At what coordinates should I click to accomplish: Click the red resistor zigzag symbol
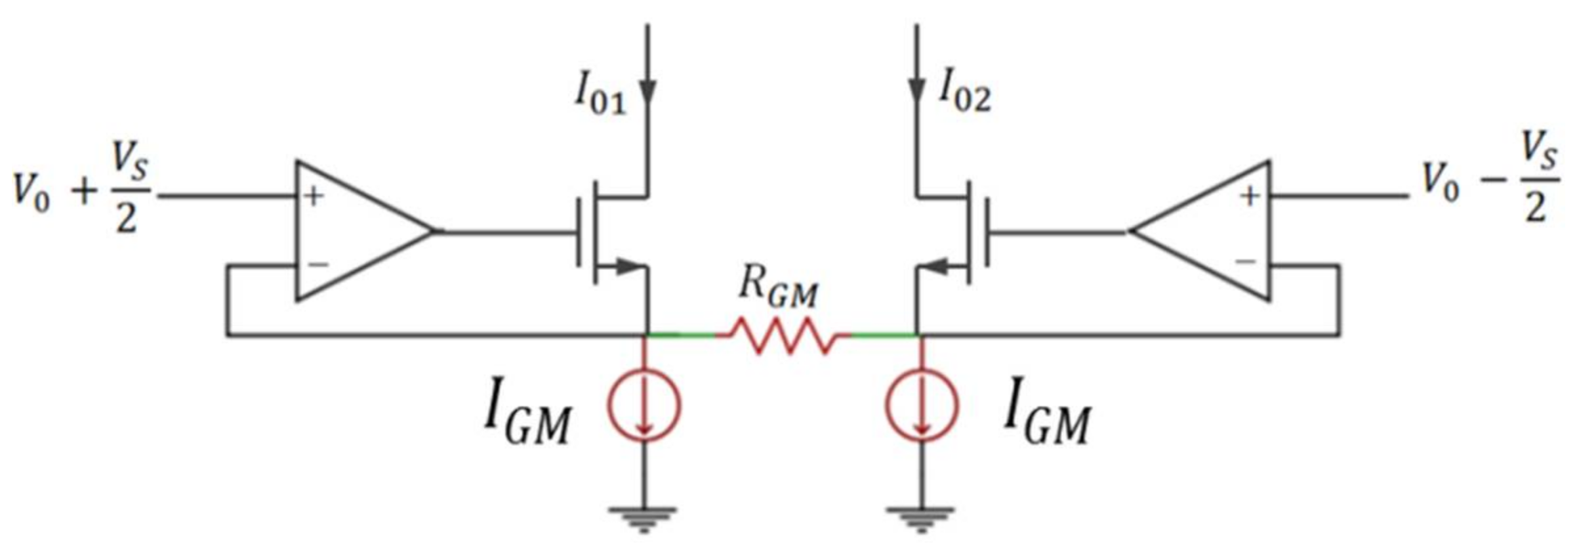point(784,335)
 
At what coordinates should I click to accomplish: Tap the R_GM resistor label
point(779,288)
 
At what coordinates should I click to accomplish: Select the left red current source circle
point(644,406)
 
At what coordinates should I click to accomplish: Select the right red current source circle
point(922,406)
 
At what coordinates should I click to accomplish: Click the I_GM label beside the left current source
point(527,412)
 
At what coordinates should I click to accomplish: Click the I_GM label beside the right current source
point(1047,412)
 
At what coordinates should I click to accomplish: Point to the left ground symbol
point(643,519)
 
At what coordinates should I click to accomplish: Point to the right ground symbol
point(921,519)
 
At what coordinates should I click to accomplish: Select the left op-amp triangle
point(358,231)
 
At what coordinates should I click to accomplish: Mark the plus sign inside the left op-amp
point(314,196)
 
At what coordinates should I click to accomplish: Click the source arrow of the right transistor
point(938,266)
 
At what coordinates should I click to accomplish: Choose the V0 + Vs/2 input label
point(82,190)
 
